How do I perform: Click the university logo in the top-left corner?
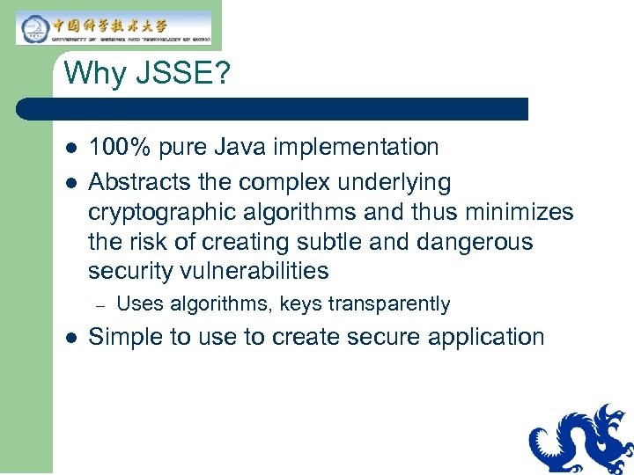tap(114, 27)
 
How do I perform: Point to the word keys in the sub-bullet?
tap(299, 304)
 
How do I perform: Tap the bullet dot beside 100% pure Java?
tap(69, 148)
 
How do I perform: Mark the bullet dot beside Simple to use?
tap(69, 338)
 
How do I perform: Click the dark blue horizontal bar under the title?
tap(273, 109)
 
